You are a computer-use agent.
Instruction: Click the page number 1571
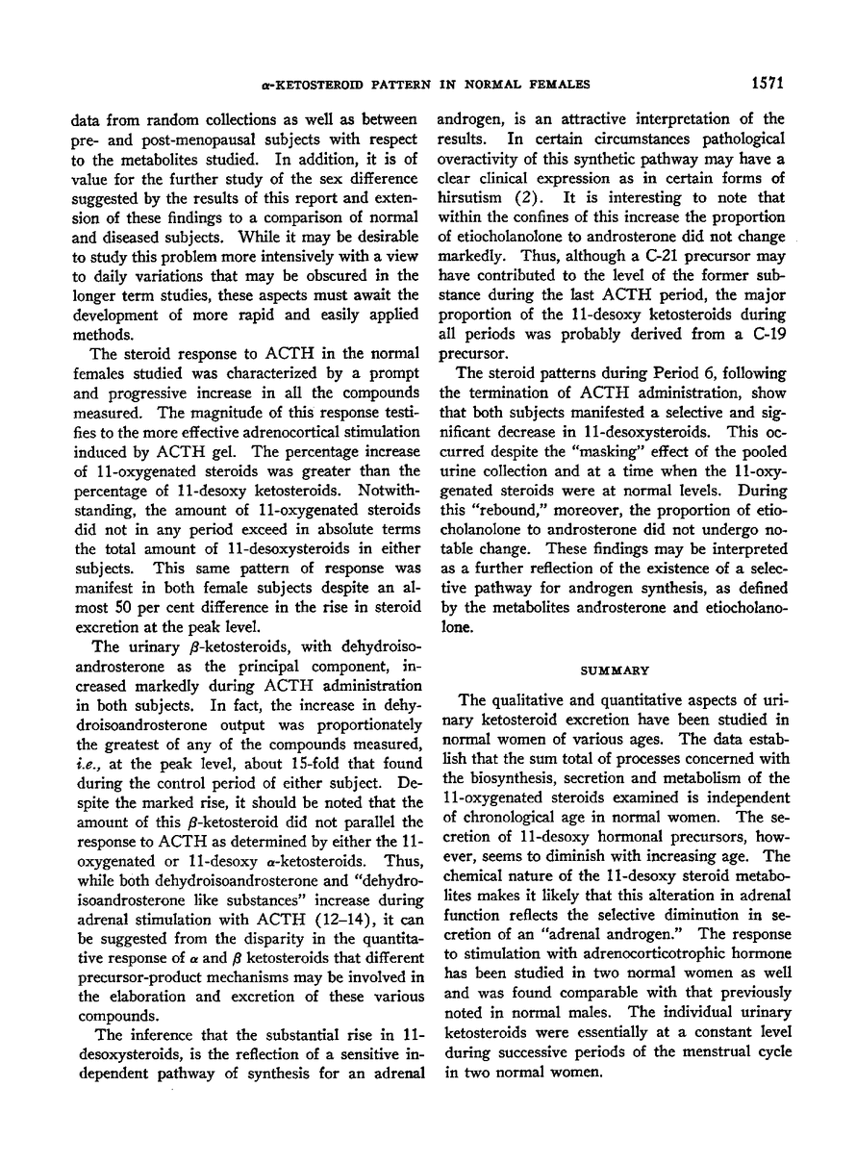[766, 84]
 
